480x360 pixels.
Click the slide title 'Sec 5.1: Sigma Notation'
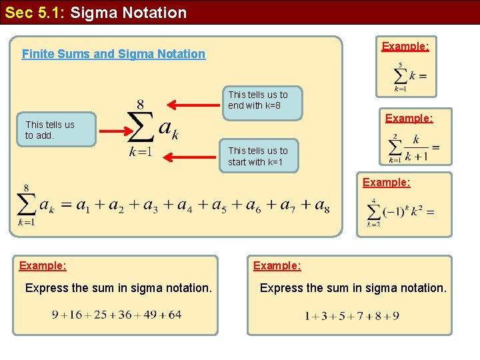(96, 12)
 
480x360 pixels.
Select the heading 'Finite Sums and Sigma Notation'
(113, 54)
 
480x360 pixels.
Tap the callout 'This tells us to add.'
(50, 130)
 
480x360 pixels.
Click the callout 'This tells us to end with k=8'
(258, 100)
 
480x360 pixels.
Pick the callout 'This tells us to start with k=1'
(258, 156)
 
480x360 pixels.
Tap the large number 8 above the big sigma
(141, 105)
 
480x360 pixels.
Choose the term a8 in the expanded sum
(321, 206)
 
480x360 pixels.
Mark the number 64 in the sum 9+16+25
(175, 315)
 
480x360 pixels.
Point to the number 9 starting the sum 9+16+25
(56, 315)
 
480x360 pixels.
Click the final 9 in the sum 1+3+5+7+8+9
(396, 315)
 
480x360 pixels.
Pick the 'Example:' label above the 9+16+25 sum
(43, 265)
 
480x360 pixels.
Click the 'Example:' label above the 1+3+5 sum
(277, 265)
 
